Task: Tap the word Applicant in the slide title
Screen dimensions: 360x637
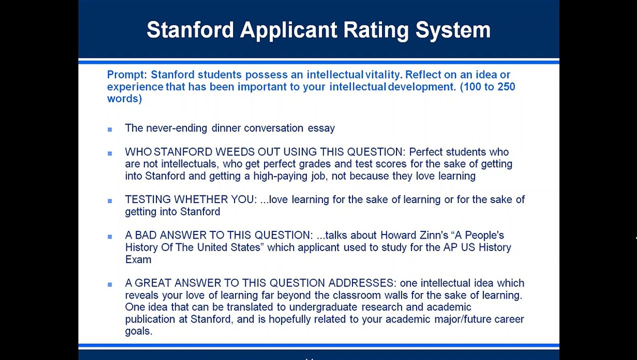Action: click(288, 30)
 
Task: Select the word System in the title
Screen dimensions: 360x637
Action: click(453, 30)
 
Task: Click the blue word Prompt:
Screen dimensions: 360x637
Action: click(127, 75)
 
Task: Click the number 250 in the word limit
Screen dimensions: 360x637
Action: click(505, 87)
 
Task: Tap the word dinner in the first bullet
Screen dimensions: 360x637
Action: click(226, 128)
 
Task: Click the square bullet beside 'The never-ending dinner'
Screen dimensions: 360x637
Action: click(110, 129)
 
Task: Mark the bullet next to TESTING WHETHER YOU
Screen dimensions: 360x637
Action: click(110, 201)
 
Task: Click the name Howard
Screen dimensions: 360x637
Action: click(397, 235)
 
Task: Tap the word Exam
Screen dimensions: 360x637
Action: click(138, 259)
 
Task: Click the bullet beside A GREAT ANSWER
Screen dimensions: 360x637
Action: click(110, 284)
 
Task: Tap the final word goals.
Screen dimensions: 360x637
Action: click(138, 331)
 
